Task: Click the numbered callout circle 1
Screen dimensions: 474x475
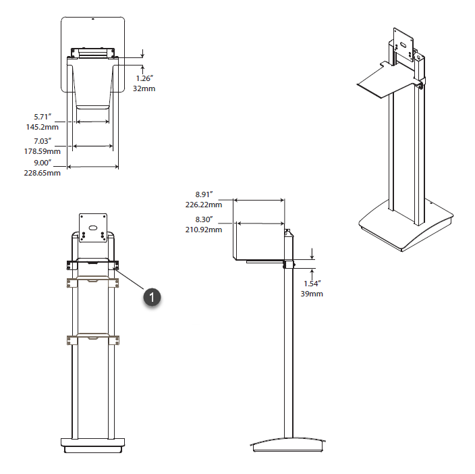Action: click(152, 296)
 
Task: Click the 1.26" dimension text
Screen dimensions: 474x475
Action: click(142, 78)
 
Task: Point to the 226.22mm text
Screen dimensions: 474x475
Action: click(204, 205)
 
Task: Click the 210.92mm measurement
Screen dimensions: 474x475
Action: click(204, 230)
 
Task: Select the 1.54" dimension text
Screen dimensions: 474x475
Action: click(312, 284)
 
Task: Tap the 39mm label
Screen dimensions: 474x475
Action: click(312, 294)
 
